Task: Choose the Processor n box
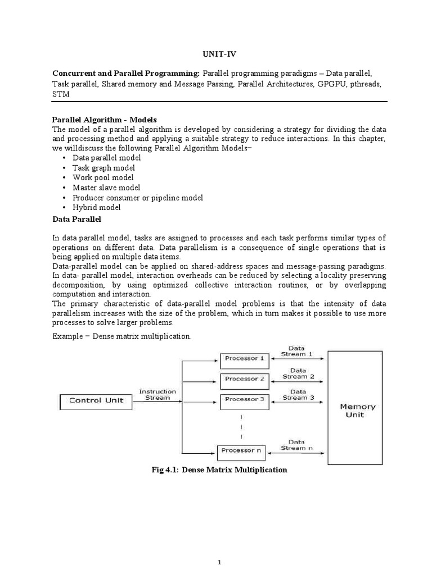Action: tap(242, 451)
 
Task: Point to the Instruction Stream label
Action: tap(157, 395)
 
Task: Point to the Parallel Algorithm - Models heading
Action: tap(105, 120)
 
